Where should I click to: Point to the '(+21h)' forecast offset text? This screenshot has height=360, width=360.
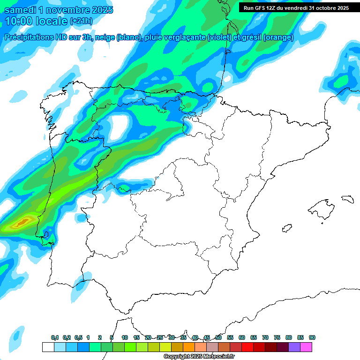pos(81,21)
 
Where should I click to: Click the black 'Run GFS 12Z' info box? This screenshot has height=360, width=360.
pos(296,7)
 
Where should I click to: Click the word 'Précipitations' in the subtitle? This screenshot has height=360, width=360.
pos(34,37)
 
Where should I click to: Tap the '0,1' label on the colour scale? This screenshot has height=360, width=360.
pos(55,337)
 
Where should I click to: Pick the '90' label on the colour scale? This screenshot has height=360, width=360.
pos(312,337)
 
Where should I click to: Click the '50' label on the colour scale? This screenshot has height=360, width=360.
pos(218,337)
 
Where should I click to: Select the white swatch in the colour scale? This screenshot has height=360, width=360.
pos(48,347)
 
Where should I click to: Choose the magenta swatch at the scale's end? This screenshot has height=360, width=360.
pos(306,347)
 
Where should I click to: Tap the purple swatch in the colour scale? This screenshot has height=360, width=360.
pos(294,347)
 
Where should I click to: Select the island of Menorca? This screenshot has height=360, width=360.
pos(347,199)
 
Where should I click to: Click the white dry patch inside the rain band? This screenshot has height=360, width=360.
pos(120,126)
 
